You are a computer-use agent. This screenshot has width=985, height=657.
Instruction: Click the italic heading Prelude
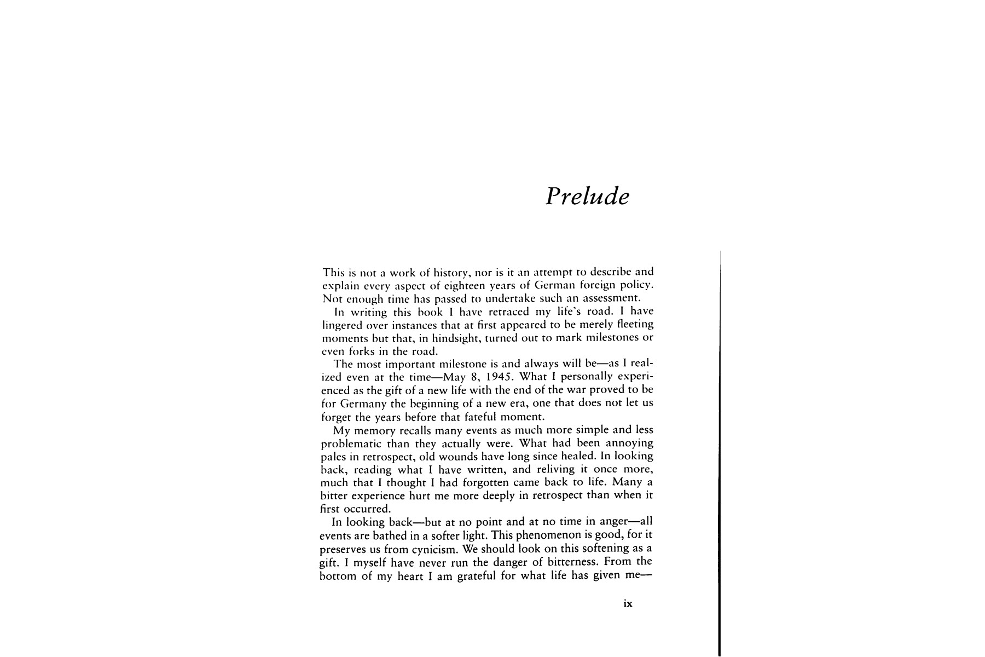tap(587, 196)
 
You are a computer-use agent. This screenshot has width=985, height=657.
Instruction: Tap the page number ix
tap(628, 603)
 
